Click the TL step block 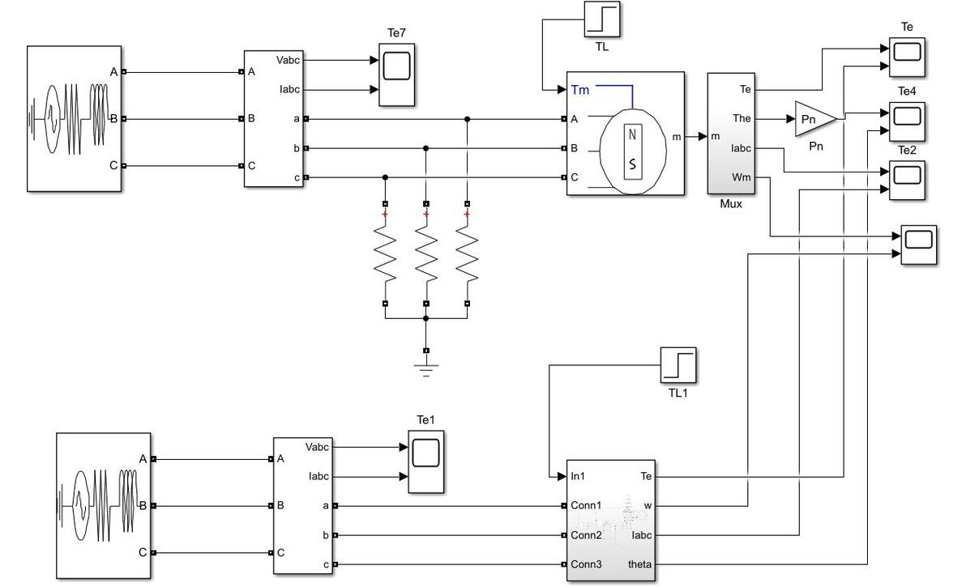coord(602,19)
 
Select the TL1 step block coord(678,365)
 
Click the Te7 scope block coord(396,74)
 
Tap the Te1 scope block coord(425,462)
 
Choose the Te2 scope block coord(907,181)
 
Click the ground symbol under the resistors coord(425,368)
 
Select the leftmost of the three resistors coord(385,253)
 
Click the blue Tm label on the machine coord(579,90)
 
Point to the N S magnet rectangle coord(633,151)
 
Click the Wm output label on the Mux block coord(742,177)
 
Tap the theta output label coord(639,564)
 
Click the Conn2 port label coord(586,534)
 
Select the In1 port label coord(578,476)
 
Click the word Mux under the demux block coord(731,204)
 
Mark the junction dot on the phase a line coord(467,119)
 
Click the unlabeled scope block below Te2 coord(918,245)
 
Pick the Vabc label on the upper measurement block coord(288,60)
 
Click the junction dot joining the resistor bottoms coord(425,318)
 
